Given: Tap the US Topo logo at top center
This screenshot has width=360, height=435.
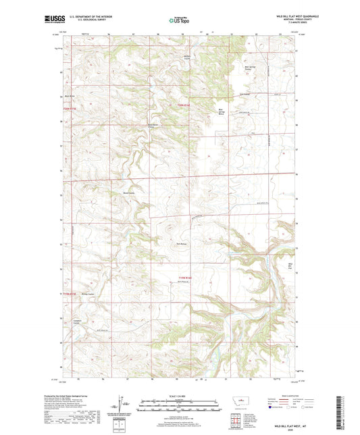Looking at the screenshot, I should click(179, 20).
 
